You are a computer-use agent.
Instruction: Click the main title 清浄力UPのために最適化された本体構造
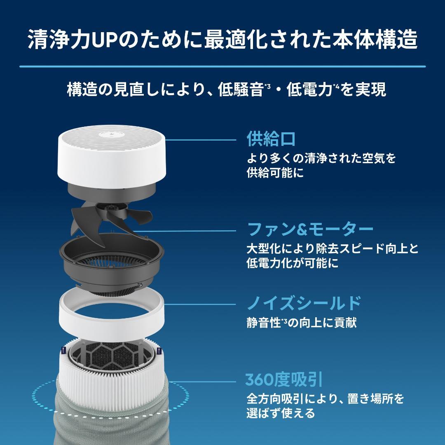point(222,40)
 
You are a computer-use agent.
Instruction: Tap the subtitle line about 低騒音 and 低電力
point(226,89)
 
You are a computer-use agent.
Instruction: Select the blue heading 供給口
point(271,139)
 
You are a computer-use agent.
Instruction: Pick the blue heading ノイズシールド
point(304,304)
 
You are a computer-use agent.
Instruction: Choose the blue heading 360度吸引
point(283,379)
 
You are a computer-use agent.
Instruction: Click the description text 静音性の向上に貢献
point(301,323)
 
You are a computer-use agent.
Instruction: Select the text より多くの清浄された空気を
point(321,158)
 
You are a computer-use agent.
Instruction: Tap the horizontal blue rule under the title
point(222,66)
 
